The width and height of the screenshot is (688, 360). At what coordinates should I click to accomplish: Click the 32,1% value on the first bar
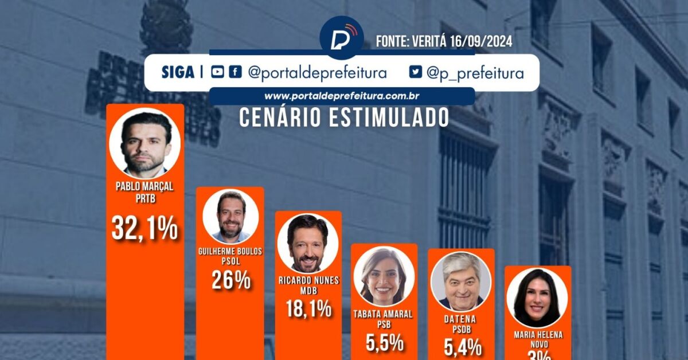click(x=144, y=229)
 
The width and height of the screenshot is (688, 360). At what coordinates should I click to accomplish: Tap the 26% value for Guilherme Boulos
click(x=230, y=279)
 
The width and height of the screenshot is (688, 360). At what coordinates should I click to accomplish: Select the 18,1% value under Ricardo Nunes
click(x=308, y=309)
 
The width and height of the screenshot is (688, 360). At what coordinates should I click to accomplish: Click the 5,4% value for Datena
click(x=462, y=346)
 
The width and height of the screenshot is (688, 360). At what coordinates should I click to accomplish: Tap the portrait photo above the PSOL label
click(x=230, y=216)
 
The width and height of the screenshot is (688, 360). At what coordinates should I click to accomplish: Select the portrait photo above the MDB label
click(x=308, y=243)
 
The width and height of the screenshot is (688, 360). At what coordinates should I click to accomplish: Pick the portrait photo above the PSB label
click(x=384, y=276)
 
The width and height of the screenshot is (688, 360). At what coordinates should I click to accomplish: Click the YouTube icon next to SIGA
click(x=217, y=73)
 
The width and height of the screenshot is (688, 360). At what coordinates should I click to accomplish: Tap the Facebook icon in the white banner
click(x=235, y=73)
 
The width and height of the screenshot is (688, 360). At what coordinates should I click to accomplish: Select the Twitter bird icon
click(x=415, y=73)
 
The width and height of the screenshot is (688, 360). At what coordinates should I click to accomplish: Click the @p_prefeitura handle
click(x=475, y=73)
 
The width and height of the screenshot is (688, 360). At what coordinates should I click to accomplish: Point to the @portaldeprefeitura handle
click(x=317, y=73)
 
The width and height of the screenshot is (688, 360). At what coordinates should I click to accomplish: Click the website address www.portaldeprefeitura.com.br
click(x=342, y=96)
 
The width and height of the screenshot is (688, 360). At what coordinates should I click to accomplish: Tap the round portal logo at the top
click(x=342, y=38)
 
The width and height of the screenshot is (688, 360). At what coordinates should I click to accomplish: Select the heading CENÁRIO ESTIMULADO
click(x=344, y=118)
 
